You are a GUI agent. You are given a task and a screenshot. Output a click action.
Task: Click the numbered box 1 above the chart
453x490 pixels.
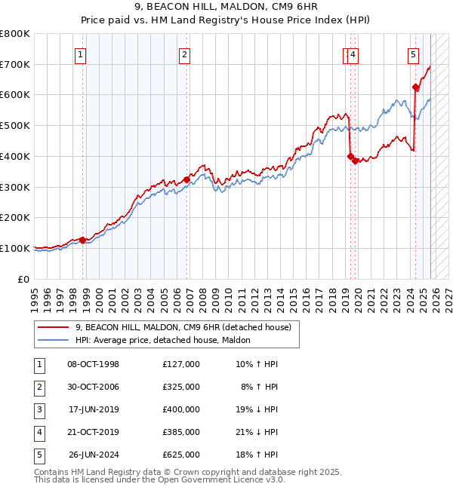click(80, 54)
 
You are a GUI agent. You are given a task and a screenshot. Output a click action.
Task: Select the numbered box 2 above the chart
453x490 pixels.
click(184, 54)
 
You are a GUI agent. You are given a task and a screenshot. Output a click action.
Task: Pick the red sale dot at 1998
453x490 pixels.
click(83, 240)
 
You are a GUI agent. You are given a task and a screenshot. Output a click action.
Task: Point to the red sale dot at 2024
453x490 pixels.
click(415, 87)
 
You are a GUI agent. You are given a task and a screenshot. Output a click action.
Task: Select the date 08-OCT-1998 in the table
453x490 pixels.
click(93, 364)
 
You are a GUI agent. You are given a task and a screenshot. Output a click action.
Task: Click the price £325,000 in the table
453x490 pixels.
click(180, 387)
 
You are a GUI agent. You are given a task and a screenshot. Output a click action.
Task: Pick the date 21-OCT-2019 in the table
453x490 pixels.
click(93, 432)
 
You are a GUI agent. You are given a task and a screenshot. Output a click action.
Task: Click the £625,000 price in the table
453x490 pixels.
click(180, 455)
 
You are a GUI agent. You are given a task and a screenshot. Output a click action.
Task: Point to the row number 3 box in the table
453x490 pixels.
click(39, 409)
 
